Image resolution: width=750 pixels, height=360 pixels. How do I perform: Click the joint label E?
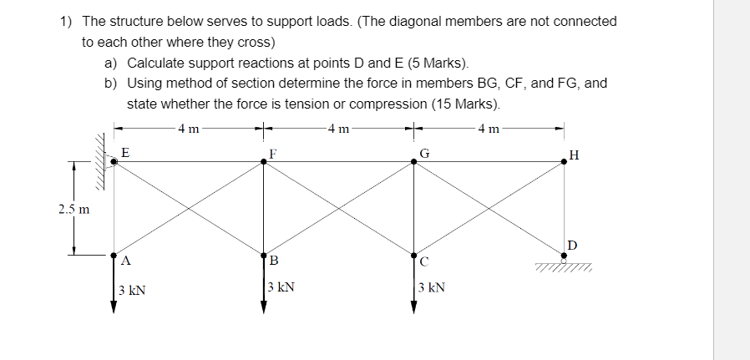coord(125,152)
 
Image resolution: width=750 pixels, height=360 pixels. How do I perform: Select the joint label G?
coord(425,152)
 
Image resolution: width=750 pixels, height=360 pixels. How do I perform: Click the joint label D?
coord(572,244)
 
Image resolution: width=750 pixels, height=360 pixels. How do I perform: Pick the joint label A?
coord(125,261)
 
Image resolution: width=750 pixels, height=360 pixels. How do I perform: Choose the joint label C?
coord(425,261)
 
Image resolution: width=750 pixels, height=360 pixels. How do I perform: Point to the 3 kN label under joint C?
coord(431,287)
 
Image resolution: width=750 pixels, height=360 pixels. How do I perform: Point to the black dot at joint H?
coord(565,163)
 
